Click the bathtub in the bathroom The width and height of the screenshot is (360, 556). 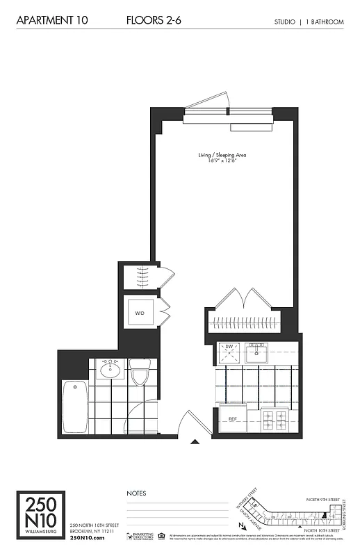click(x=74, y=406)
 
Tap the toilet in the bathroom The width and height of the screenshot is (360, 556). click(x=140, y=373)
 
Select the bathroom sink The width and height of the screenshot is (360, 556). click(x=110, y=370)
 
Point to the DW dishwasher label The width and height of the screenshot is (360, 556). click(x=227, y=346)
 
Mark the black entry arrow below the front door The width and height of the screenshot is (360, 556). click(x=195, y=441)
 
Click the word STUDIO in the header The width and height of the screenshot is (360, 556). click(x=285, y=22)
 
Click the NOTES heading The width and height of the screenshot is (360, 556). click(x=136, y=493)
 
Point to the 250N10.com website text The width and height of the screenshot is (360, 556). click(x=87, y=538)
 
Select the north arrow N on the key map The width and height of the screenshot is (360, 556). click(x=240, y=526)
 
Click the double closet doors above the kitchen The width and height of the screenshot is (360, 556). click(x=244, y=299)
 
